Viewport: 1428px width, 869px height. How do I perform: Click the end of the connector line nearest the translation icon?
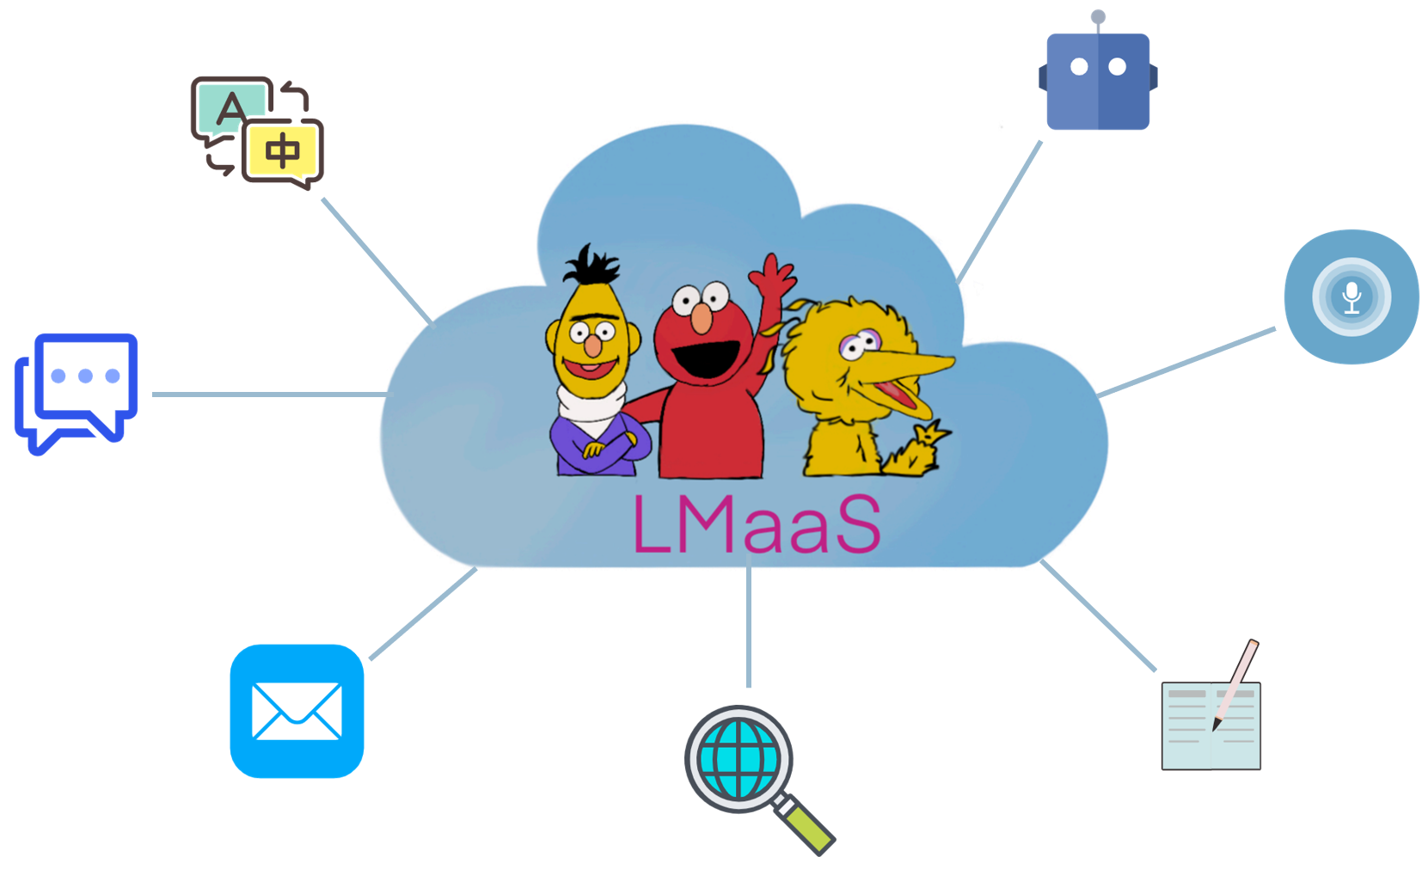[x=323, y=199]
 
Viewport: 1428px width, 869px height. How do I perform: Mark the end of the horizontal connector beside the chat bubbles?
[x=153, y=395]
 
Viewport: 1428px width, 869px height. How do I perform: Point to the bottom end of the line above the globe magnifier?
[x=749, y=687]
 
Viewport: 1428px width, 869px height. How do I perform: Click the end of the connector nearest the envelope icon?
[x=371, y=658]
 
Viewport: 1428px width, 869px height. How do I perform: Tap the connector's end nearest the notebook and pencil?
[x=1155, y=670]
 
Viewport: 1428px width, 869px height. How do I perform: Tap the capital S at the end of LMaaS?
[x=859, y=523]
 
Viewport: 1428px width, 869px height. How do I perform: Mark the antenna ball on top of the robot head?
[x=1098, y=16]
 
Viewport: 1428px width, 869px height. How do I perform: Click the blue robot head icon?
[x=1098, y=81]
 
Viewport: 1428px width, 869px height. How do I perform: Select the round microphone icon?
[x=1351, y=297]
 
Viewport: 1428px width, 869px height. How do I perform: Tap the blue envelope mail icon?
[x=297, y=711]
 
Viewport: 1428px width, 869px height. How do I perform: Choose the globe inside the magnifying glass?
[x=739, y=759]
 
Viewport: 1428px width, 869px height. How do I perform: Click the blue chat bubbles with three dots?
[x=77, y=394]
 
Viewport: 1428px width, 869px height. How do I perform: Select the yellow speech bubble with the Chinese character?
[x=283, y=153]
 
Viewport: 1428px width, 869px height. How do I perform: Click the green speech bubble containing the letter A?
[x=230, y=108]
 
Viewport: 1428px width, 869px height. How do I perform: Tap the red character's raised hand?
[x=773, y=275]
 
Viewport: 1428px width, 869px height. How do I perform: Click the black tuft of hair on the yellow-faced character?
[x=591, y=264]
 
